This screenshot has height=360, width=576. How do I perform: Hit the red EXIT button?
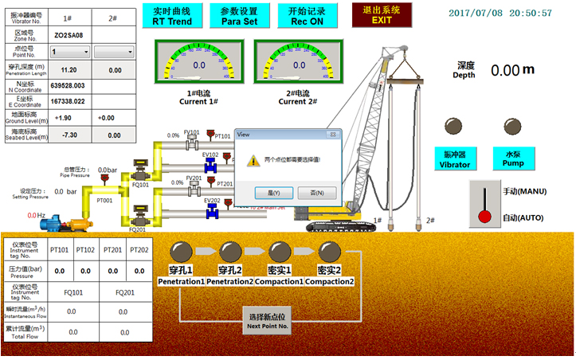click(x=382, y=14)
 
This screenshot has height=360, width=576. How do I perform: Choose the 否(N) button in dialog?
click(x=316, y=192)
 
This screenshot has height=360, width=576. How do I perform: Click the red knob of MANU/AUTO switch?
click(x=484, y=216)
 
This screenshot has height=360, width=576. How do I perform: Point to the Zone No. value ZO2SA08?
click(x=69, y=35)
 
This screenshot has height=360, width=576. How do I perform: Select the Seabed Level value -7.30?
click(x=69, y=135)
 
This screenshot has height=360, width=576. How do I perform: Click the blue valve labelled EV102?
click(x=211, y=166)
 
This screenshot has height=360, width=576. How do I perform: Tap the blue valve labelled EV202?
click(x=211, y=211)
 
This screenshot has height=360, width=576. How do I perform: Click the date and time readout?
click(x=511, y=14)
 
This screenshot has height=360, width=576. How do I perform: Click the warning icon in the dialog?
click(x=253, y=160)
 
